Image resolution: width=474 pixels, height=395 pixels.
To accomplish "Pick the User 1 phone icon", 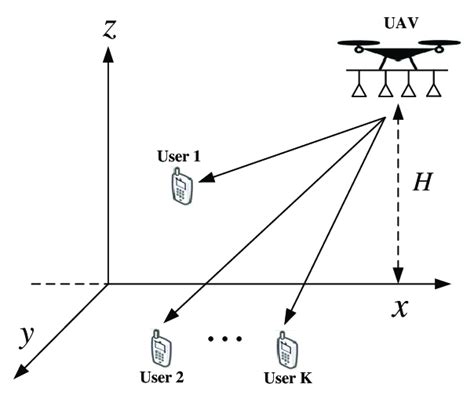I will [x=181, y=187].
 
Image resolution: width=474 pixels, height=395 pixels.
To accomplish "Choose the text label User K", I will [x=287, y=378].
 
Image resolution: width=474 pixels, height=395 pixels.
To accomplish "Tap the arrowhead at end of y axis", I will [x=21, y=373].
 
